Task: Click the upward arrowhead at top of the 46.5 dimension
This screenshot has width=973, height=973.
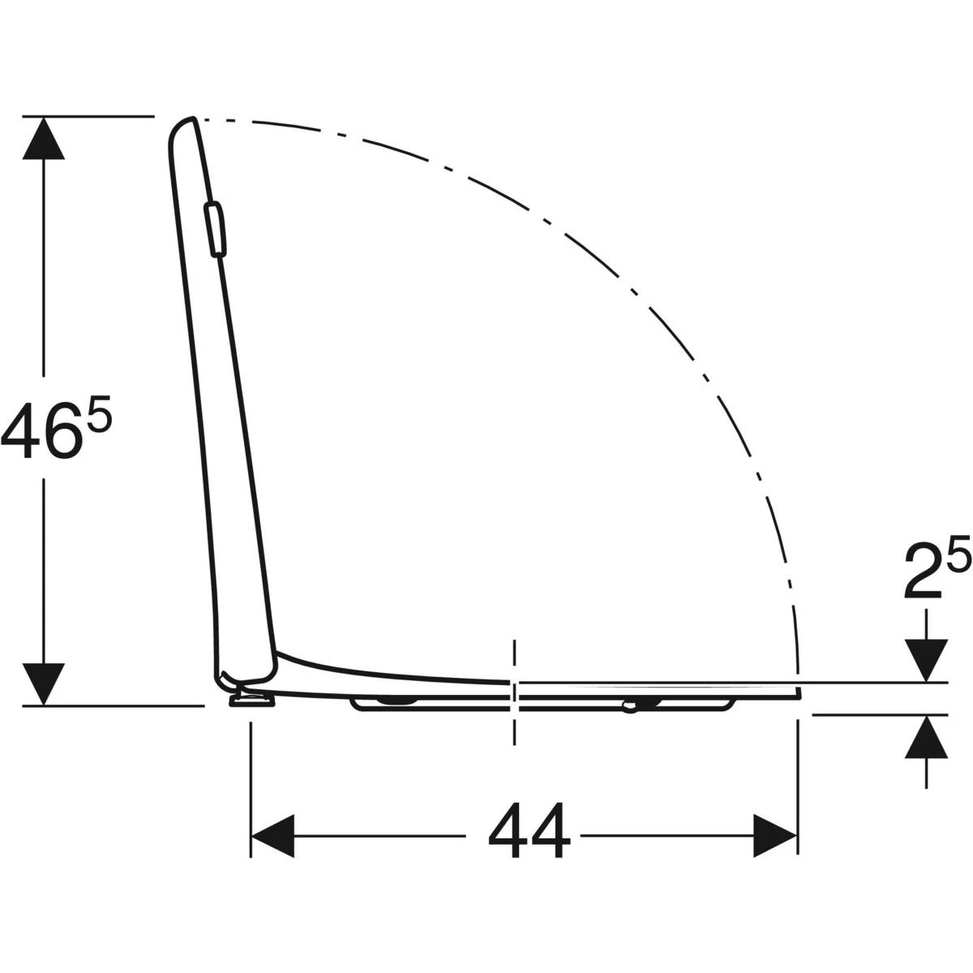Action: (44, 138)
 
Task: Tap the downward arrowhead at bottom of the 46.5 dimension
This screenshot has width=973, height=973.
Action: (44, 684)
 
